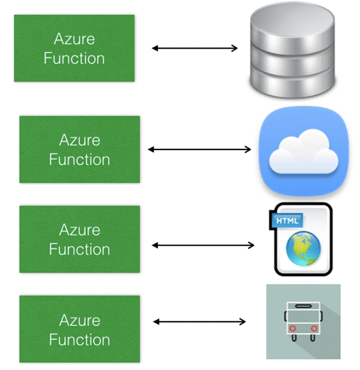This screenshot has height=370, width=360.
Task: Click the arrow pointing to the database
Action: pos(194,48)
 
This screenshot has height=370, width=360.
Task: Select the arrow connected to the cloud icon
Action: pos(199,149)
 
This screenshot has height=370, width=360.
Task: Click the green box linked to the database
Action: pos(74,49)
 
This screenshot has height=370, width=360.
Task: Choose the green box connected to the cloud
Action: pos(79,150)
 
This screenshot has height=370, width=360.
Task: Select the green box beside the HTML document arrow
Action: pos(79,239)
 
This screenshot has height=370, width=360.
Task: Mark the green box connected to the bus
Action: pos(79,329)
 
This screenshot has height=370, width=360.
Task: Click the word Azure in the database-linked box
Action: pos(74,39)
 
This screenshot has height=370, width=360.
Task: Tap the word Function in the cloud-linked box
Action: pos(79,160)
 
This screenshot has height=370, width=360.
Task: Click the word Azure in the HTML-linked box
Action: pos(79,229)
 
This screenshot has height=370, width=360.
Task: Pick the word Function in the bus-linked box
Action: pos(79,340)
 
